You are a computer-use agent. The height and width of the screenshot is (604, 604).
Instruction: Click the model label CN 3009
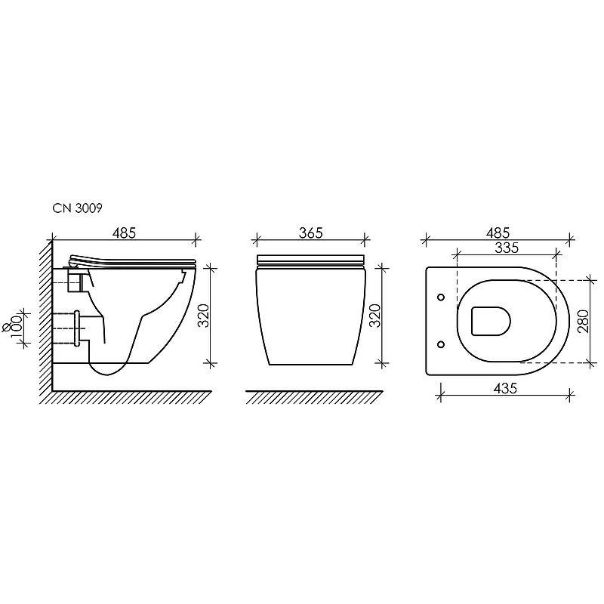(78, 208)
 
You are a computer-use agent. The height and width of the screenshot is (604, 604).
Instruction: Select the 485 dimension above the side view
(124, 233)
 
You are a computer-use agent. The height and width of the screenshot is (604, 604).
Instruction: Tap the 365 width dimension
(310, 233)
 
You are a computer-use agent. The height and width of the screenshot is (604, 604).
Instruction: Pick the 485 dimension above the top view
(498, 233)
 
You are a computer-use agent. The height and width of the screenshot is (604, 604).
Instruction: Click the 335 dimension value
(507, 248)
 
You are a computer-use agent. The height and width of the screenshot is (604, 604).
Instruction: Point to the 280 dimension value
(584, 322)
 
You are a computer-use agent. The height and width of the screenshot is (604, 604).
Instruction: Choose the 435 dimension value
(505, 388)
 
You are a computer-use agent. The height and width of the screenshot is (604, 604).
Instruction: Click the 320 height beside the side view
(203, 316)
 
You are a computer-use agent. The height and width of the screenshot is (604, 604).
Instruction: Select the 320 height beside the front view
(374, 316)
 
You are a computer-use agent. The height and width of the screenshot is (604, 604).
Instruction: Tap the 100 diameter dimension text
(17, 328)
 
